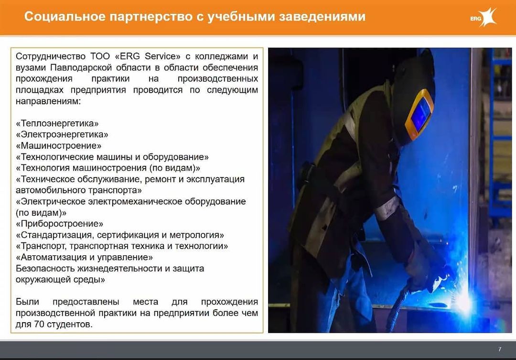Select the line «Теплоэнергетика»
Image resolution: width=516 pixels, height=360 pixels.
coord(57,123)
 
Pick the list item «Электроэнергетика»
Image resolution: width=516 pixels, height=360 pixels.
coord(62,134)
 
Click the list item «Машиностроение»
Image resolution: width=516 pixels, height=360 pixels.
coord(59,146)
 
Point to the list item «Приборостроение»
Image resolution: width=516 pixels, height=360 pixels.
coord(59,224)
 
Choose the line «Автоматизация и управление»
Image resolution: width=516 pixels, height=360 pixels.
coord(84,257)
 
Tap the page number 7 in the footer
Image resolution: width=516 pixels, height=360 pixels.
coord(500,349)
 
